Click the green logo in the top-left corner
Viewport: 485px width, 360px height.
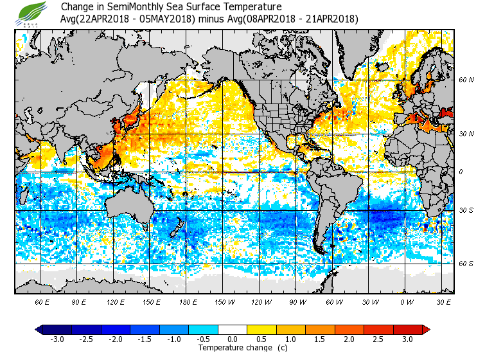pyautogui.click(x=31, y=12)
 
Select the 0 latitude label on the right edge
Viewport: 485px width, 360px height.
pyautogui.click(x=460, y=172)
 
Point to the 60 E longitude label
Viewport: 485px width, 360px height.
pyautogui.click(x=42, y=301)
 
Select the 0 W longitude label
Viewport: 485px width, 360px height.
pyautogui.click(x=406, y=301)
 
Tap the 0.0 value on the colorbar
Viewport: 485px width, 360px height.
pyautogui.click(x=233, y=339)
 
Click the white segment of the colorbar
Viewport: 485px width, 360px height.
pyautogui.click(x=233, y=330)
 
